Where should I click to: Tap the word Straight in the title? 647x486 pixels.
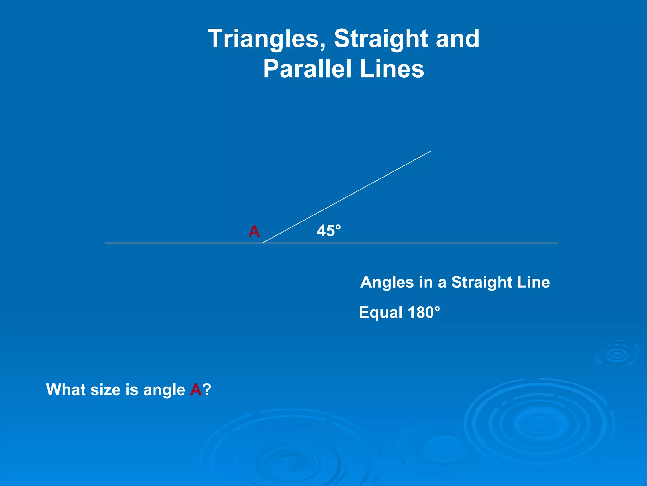380,39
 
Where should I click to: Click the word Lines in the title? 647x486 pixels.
392,69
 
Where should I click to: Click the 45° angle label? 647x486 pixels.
329,231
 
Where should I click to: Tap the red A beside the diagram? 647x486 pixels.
254,232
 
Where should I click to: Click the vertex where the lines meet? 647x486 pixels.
263,243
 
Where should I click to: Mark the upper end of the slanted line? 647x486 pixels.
430,152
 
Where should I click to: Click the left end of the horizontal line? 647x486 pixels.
105,243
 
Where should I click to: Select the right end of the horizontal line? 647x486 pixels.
557,243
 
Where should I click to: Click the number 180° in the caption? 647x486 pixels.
424,313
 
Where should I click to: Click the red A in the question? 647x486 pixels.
196,389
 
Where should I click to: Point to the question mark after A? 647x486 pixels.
207,389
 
